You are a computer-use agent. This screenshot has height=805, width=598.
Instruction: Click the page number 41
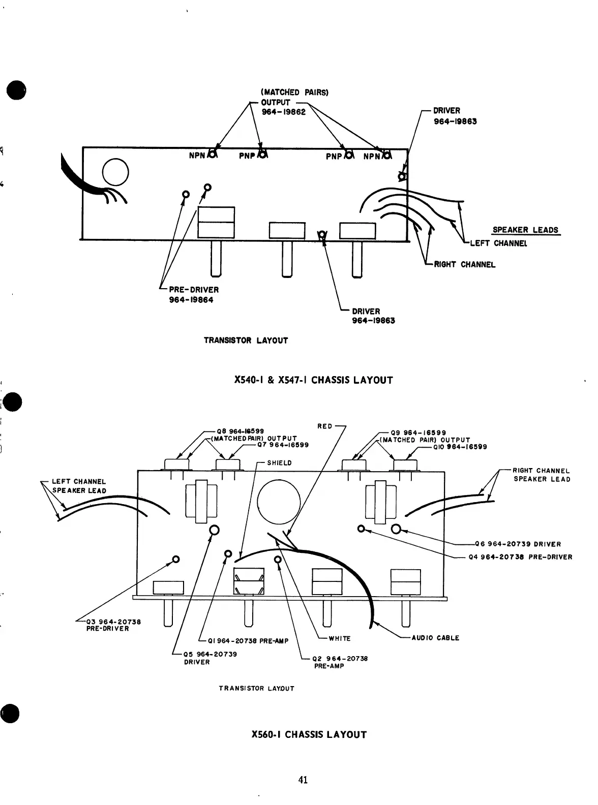[303, 780]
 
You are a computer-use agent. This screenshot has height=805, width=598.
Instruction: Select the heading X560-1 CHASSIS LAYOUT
[309, 734]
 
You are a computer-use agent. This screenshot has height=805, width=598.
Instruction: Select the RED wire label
[324, 426]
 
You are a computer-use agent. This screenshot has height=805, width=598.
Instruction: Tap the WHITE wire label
[339, 638]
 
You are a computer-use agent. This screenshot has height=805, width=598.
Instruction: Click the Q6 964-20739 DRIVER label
[517, 544]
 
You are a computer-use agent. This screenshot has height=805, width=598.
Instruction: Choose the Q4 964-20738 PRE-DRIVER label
[520, 556]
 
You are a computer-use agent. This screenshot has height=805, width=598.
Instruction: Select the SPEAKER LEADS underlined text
[525, 230]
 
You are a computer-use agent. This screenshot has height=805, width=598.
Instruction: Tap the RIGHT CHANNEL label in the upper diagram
[464, 264]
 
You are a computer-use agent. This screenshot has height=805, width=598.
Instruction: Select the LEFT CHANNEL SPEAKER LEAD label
[79, 486]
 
